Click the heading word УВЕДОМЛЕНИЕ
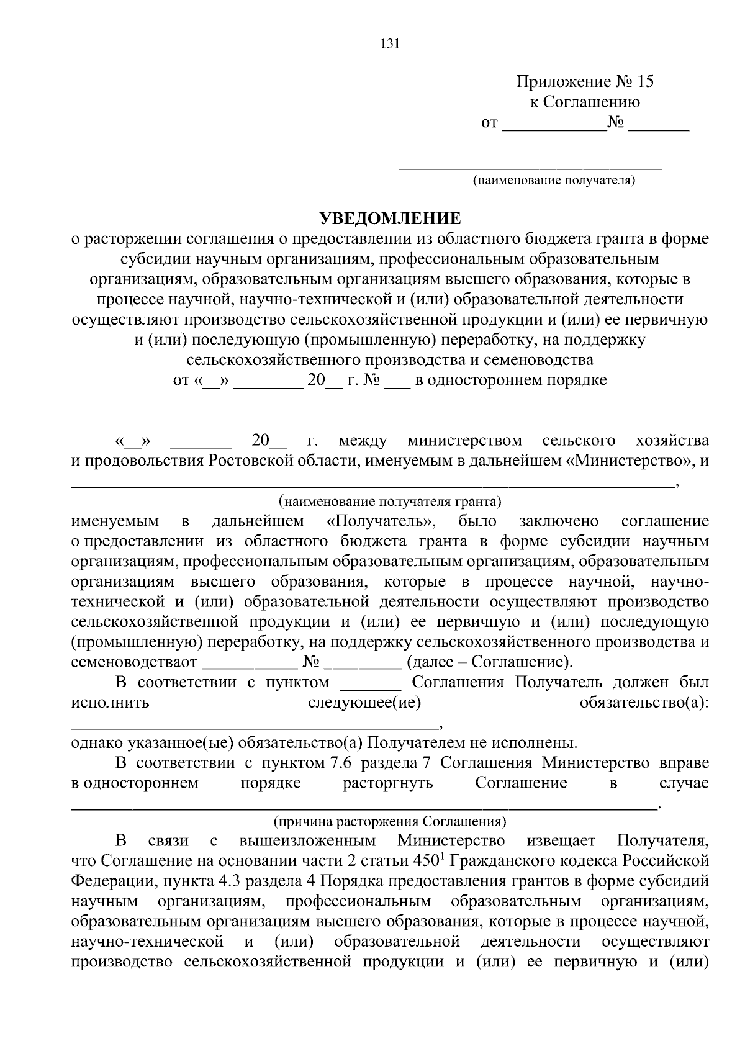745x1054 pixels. click(x=391, y=218)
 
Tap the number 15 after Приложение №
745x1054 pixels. click(x=644, y=82)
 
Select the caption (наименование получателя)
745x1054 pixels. click(x=554, y=181)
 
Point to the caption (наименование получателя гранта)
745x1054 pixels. click(x=390, y=501)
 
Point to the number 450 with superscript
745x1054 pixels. click(x=425, y=862)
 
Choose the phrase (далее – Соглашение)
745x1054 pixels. click(x=489, y=662)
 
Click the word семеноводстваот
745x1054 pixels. click(x=134, y=662)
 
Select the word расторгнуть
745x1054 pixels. click(x=388, y=783)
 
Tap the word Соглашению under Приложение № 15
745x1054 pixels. click(x=593, y=102)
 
